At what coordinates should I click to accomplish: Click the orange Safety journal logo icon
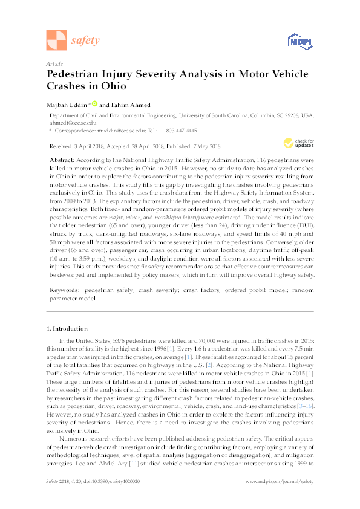[x=57, y=40]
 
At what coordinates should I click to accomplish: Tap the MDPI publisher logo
[x=299, y=41]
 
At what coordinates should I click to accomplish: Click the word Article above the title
[x=54, y=63]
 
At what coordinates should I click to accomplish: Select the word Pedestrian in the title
[x=76, y=74]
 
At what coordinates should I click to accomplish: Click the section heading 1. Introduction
[x=67, y=329]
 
